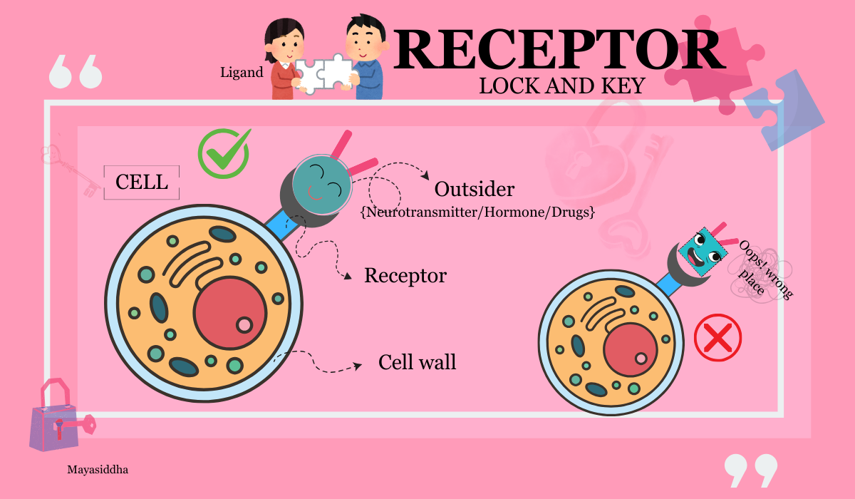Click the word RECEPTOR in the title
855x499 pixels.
560,50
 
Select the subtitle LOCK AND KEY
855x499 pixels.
562,86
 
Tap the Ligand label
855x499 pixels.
242,73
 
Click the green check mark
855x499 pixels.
224,153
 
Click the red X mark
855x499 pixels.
717,337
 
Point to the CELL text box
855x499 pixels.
142,182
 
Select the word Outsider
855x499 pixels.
475,189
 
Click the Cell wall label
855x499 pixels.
418,362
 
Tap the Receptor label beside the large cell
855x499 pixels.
405,276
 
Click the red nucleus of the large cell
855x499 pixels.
229,313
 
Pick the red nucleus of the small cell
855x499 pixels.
631,350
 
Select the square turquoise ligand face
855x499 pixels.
703,252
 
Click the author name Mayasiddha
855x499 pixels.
98,470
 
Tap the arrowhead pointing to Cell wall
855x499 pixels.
358,366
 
